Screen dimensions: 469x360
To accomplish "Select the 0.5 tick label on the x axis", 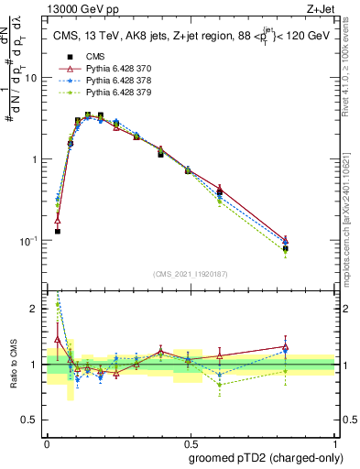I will [x=191, y=441].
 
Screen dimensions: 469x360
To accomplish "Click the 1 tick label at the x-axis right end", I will [x=334, y=441].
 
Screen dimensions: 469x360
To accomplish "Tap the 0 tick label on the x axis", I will [x=47, y=441].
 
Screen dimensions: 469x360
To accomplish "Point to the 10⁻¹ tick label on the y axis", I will [x=31, y=240].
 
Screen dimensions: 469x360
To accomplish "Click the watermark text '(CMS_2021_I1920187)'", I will [x=191, y=274].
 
